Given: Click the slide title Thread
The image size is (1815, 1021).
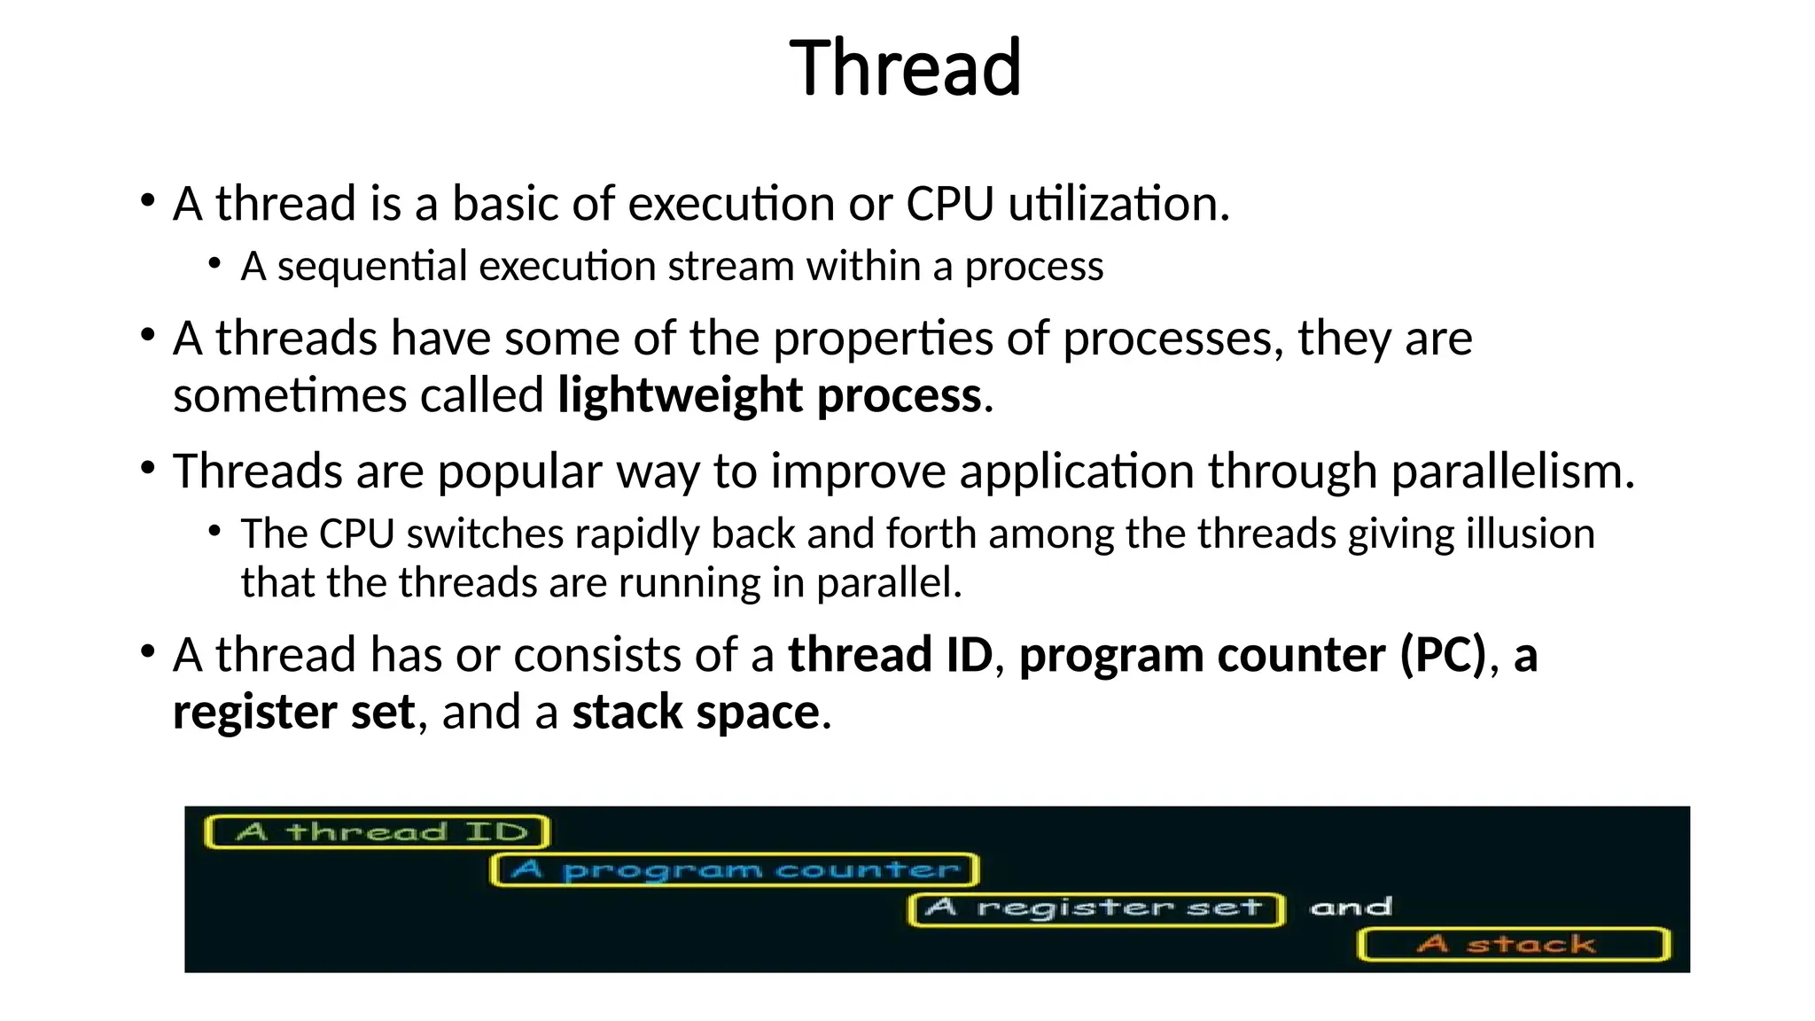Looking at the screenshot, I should tap(905, 68).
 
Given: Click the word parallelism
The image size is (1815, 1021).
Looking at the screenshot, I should tap(1512, 471).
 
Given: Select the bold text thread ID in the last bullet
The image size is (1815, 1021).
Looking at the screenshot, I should tap(890, 655).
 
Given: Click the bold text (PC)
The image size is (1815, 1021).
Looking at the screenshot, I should tap(1443, 655).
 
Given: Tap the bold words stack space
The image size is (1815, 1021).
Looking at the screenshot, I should tap(696, 712).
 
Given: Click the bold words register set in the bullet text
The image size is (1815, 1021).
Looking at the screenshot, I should tap(293, 712).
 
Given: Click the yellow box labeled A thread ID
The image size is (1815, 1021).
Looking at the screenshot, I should tap(378, 831).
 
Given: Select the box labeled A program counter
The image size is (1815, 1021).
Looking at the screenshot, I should tap(735, 869).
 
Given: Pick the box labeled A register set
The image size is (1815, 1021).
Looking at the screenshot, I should tap(1095, 908).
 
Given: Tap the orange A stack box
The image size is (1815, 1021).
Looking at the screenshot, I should tap(1514, 944).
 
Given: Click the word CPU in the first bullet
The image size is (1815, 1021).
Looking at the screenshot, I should tap(950, 204).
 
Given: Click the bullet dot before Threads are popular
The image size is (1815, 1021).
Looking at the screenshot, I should tap(148, 467).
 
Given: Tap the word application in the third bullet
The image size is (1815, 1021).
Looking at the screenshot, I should tap(1078, 471).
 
